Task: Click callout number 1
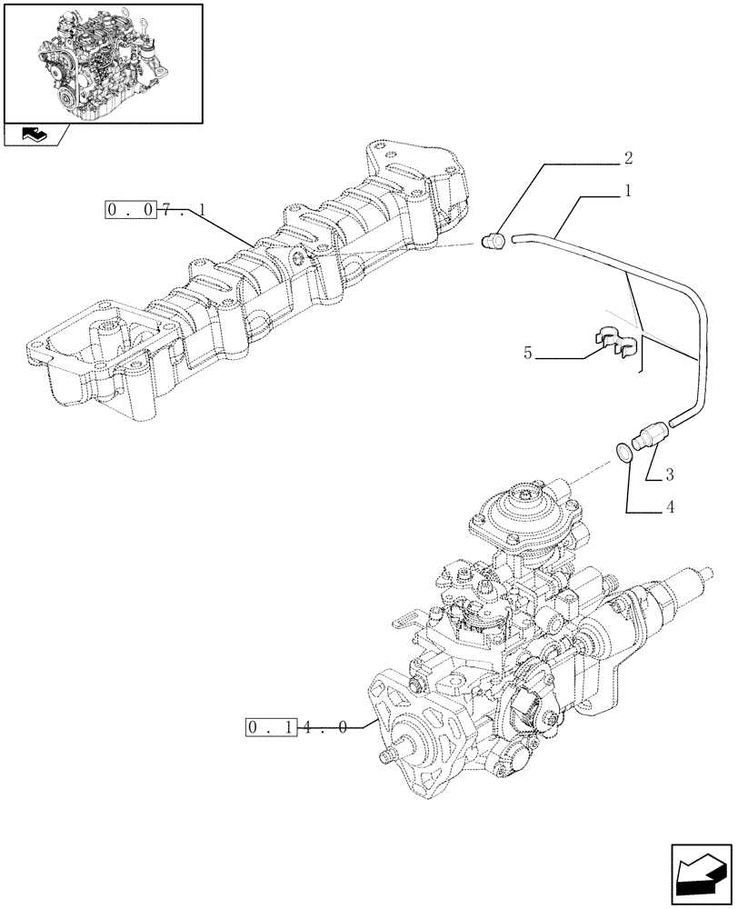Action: click(627, 192)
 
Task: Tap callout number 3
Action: click(668, 474)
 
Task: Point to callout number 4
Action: click(669, 507)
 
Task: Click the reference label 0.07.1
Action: click(155, 211)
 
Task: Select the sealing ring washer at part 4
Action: click(623, 451)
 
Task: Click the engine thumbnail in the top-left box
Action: click(102, 63)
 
